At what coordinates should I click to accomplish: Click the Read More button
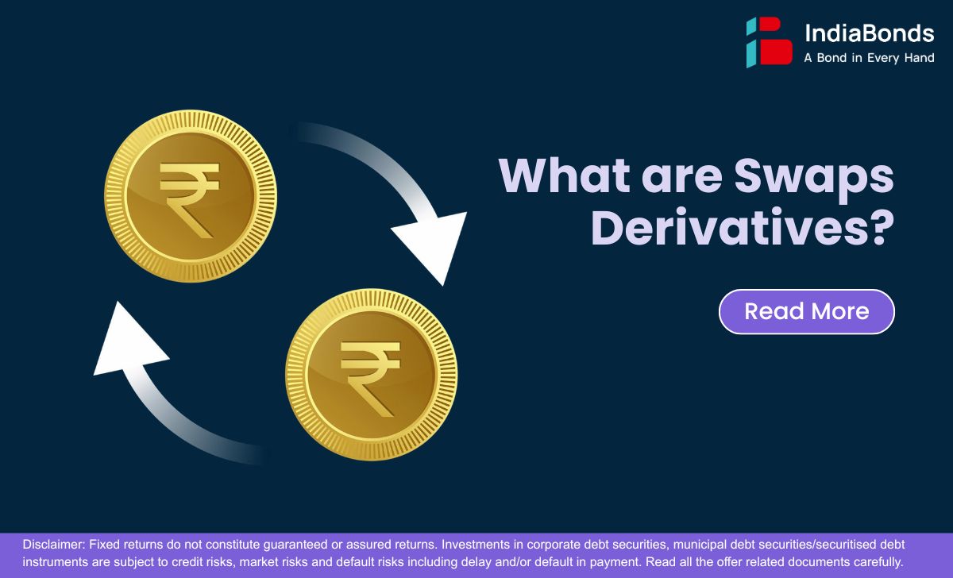[x=807, y=312]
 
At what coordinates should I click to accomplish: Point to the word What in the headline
[x=565, y=175]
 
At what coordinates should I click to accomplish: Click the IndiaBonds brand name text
[x=869, y=33]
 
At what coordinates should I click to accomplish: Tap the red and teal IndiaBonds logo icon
[x=770, y=41]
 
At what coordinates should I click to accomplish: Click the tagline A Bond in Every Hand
[x=869, y=58]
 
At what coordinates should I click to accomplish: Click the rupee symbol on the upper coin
[x=190, y=200]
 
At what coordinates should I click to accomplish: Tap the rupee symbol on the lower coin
[x=371, y=380]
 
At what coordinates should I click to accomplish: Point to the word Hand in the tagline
[x=920, y=58]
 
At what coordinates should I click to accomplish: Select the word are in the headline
[x=681, y=179]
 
